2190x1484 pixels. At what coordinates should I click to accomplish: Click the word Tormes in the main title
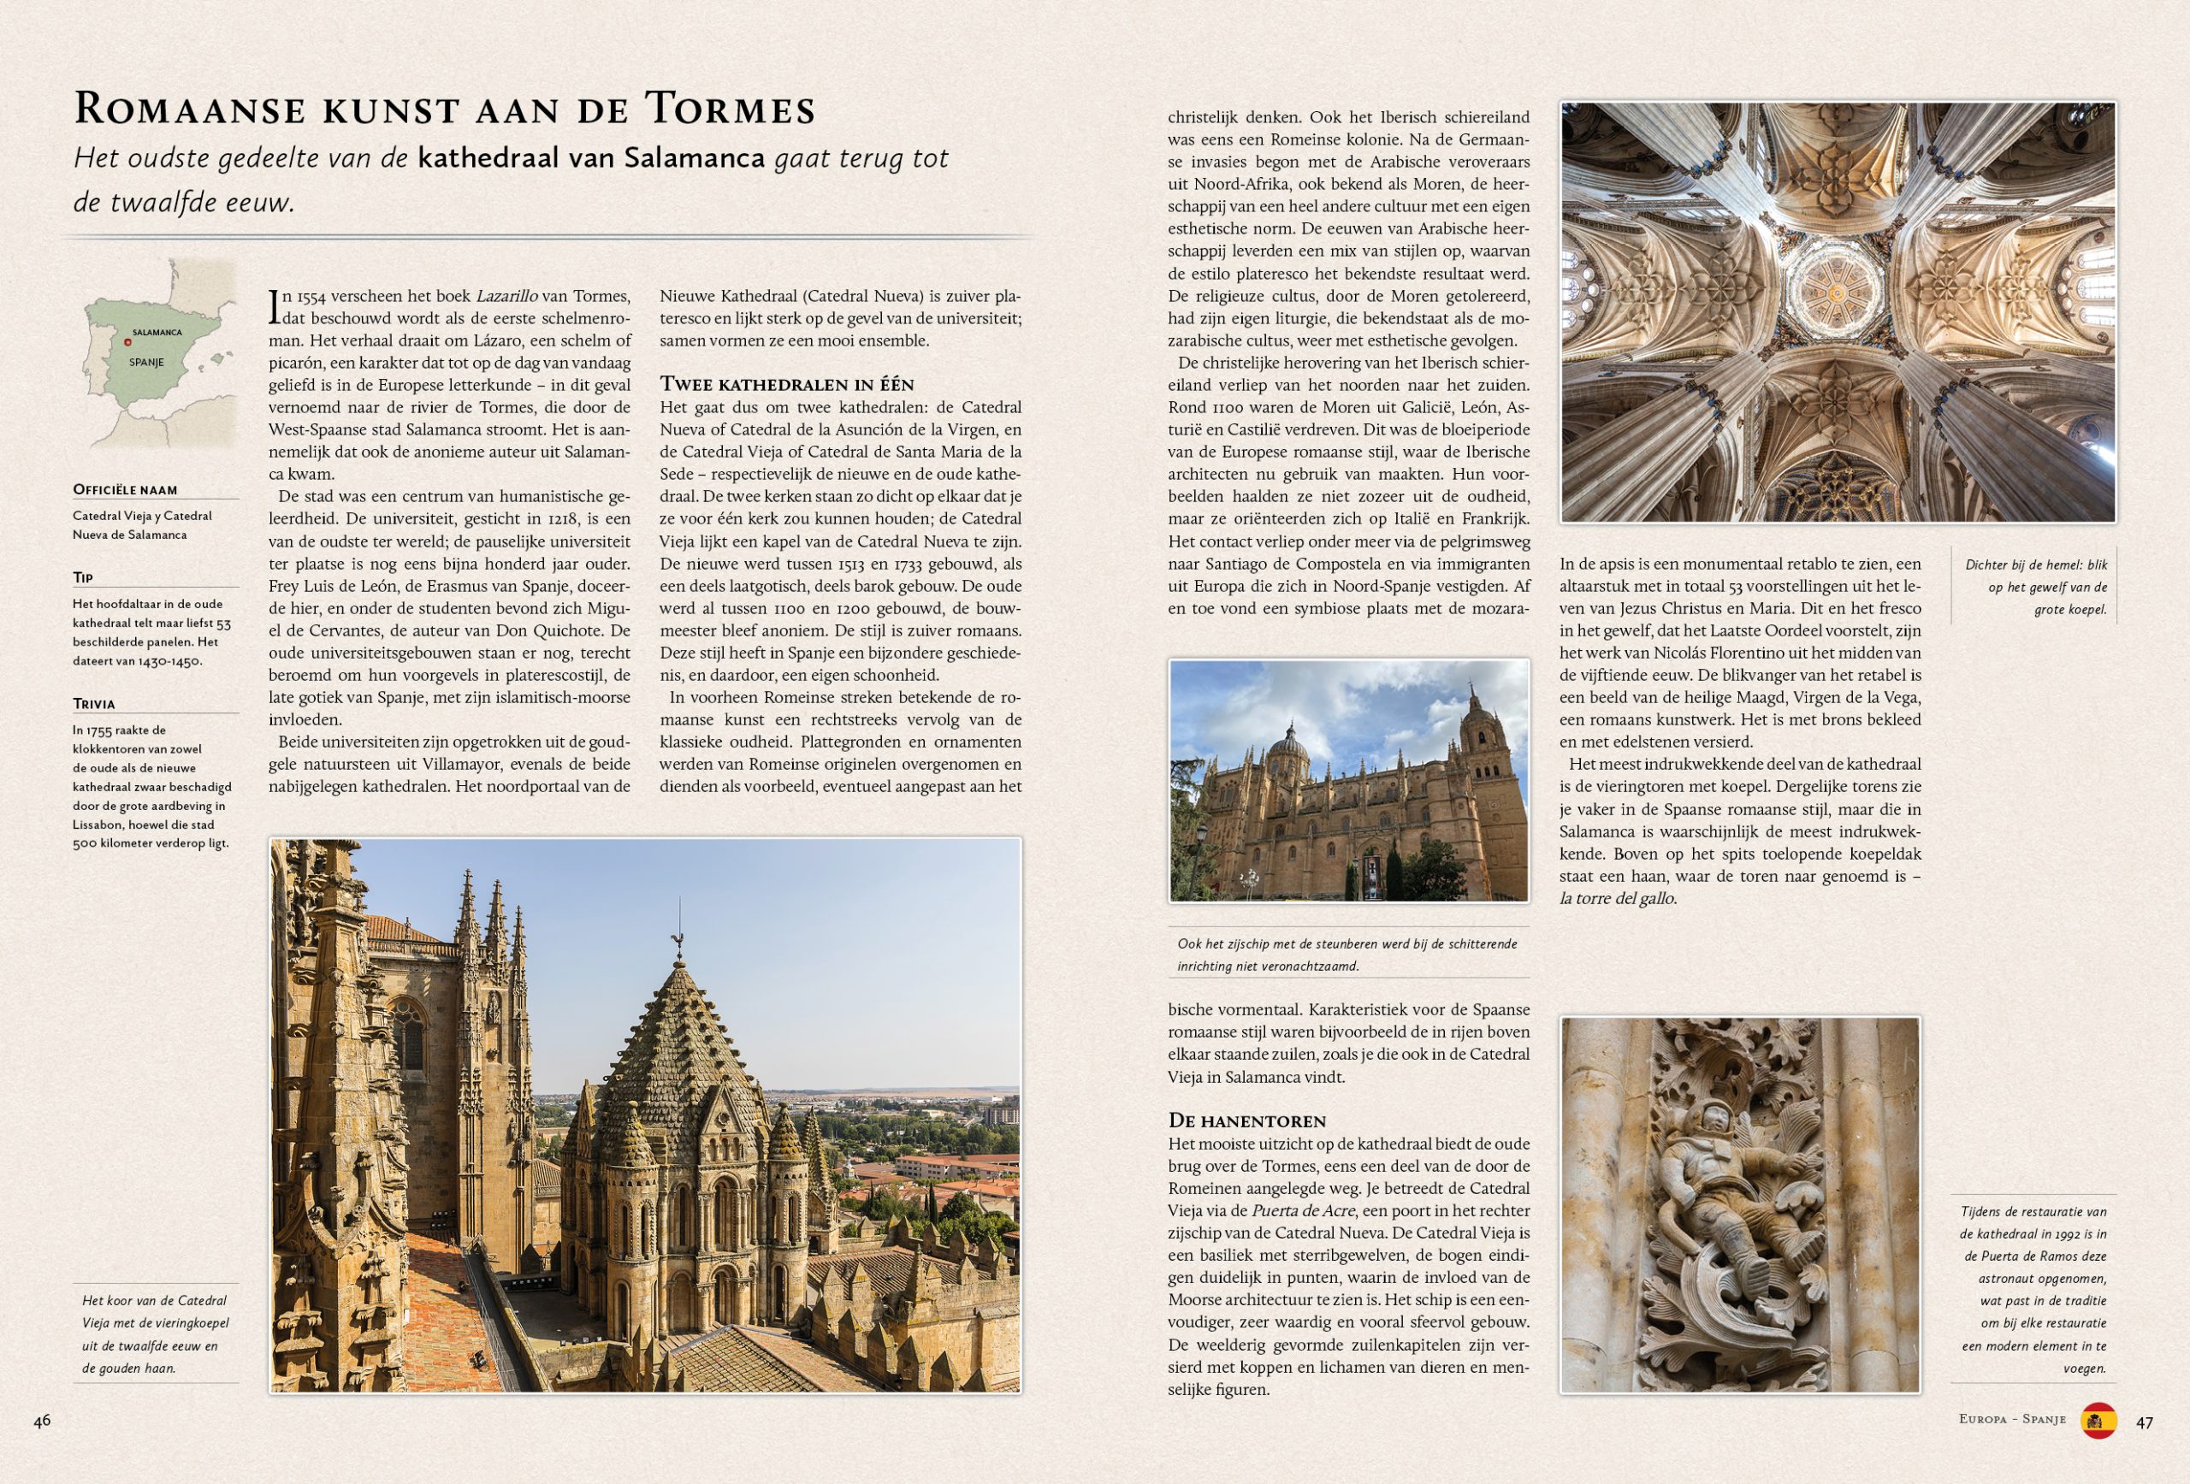[730, 109]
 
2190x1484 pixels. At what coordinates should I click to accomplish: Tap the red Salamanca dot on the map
[128, 342]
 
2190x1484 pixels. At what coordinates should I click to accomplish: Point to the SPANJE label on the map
[147, 363]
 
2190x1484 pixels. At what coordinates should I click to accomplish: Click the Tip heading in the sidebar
[83, 577]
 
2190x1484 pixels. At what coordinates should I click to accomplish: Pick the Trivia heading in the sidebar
[93, 704]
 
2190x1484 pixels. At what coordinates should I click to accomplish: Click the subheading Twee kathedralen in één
[786, 384]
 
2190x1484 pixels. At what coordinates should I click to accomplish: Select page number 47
[2145, 1422]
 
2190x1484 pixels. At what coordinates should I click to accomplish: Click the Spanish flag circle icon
[2098, 1421]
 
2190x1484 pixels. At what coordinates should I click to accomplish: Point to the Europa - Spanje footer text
[2012, 1419]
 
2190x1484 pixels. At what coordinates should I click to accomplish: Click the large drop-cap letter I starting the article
[275, 307]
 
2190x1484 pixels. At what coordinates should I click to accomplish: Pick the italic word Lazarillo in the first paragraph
[506, 296]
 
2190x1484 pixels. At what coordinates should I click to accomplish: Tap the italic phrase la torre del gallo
[1617, 899]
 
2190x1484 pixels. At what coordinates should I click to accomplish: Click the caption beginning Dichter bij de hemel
[2035, 586]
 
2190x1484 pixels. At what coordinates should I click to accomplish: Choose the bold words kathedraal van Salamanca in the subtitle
[591, 158]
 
